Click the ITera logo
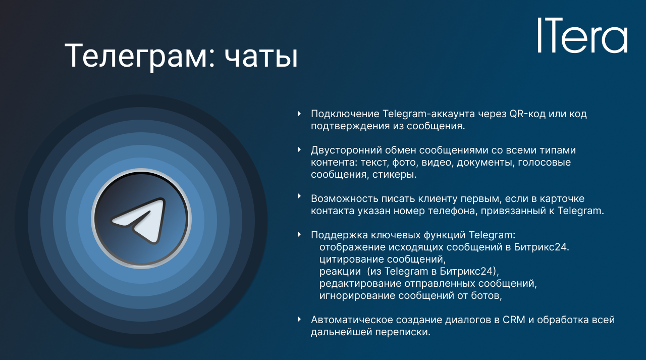582,35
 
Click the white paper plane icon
138,220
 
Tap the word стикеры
394,175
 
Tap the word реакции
340,272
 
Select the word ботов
487,296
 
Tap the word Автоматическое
352,320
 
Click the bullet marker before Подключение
299,114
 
